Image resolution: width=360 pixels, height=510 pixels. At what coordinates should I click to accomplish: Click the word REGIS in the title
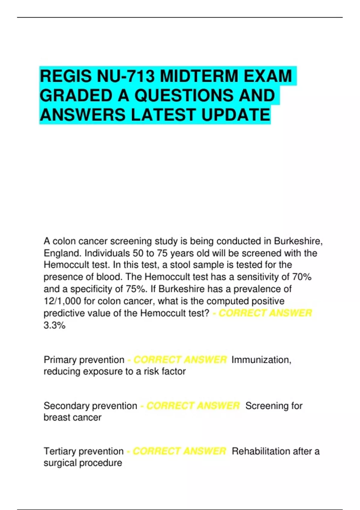tap(65, 76)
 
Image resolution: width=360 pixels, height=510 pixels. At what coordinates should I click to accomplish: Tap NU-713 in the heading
tap(126, 76)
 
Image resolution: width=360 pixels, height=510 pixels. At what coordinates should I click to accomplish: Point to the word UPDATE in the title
tap(235, 115)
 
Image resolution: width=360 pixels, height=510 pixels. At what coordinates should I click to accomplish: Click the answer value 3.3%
tap(54, 325)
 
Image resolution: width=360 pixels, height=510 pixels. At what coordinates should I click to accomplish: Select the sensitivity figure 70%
tap(302, 277)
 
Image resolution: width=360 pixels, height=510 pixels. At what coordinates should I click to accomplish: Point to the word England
tap(62, 253)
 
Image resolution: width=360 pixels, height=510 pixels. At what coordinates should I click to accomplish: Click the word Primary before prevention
tap(60, 359)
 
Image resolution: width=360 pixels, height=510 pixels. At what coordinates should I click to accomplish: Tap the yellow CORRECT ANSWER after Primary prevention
tap(180, 359)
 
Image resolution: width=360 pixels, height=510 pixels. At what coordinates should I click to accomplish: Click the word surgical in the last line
tap(59, 463)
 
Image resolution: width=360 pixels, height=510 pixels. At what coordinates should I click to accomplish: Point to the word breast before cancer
tap(56, 417)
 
